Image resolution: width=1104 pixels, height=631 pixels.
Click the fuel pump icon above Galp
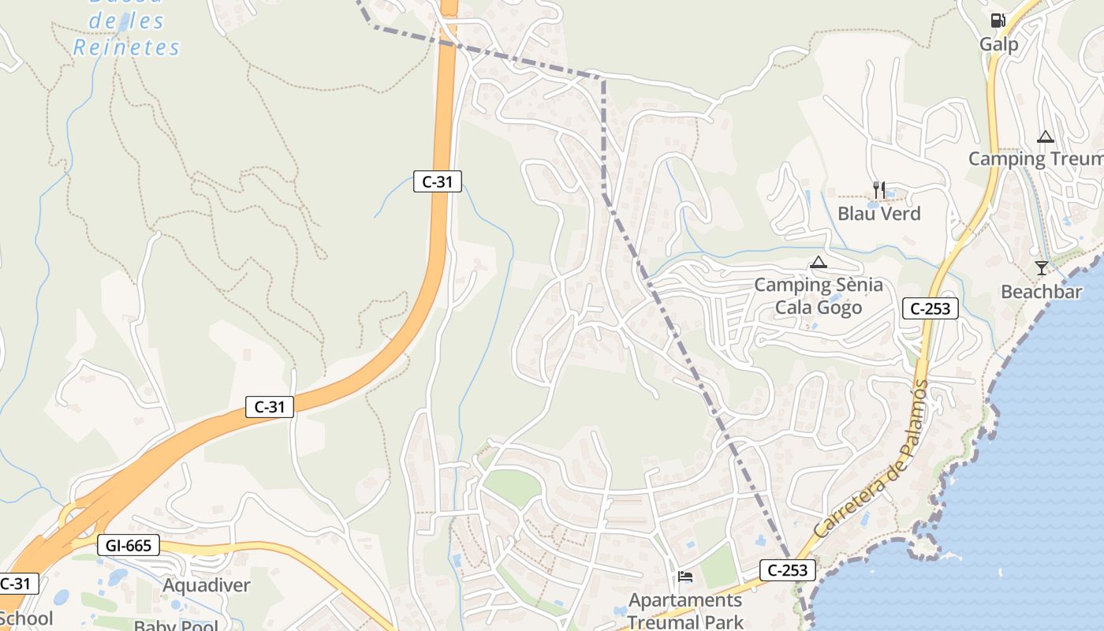tap(998, 21)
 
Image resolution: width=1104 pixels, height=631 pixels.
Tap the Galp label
tap(998, 44)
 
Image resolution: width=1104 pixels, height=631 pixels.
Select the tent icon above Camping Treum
tap(1046, 137)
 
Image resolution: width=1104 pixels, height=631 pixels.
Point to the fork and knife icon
tap(878, 189)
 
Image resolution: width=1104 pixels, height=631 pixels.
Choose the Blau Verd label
tap(878, 214)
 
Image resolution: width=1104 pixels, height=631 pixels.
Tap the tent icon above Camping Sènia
tap(819, 262)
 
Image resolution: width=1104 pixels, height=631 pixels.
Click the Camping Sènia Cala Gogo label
tap(819, 296)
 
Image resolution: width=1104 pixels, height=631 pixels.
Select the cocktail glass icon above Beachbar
tap(1042, 268)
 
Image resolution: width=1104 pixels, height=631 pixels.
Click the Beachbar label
tap(1041, 292)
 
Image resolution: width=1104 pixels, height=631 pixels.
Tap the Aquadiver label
tap(206, 585)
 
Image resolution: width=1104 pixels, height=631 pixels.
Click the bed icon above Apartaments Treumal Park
tap(685, 577)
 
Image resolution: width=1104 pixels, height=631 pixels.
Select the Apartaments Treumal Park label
tap(685, 611)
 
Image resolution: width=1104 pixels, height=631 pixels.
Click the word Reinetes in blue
tap(127, 47)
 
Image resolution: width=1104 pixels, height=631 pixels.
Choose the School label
tap(27, 618)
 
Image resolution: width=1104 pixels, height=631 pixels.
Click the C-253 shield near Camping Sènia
tap(931, 308)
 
